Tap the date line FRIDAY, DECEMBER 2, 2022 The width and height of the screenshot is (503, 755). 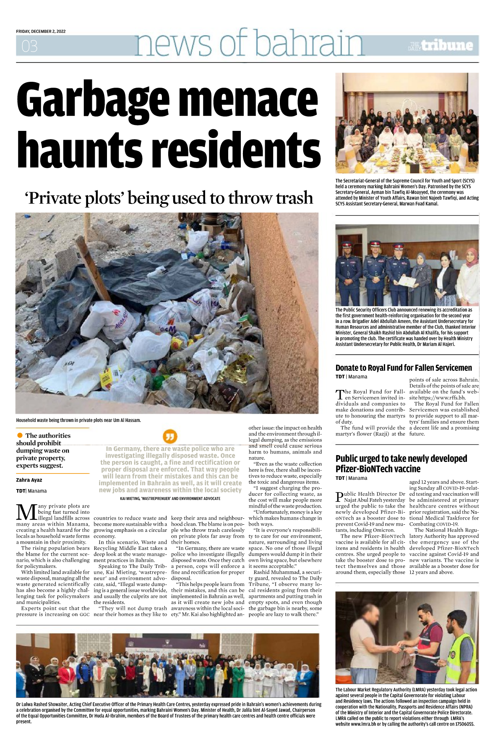point(41,31)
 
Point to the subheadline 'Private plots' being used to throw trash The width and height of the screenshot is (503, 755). point(169,198)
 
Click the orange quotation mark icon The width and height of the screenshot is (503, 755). point(170,437)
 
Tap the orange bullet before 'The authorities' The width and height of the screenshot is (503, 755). point(20,435)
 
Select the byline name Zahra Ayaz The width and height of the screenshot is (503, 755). point(29,480)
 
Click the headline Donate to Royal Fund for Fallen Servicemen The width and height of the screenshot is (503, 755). point(404,368)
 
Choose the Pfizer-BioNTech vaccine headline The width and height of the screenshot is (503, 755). point(401,463)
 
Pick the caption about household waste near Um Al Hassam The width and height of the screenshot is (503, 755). point(78,420)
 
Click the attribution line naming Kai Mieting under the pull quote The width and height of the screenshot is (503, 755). point(170,498)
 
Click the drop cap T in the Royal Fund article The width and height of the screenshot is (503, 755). point(340,394)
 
